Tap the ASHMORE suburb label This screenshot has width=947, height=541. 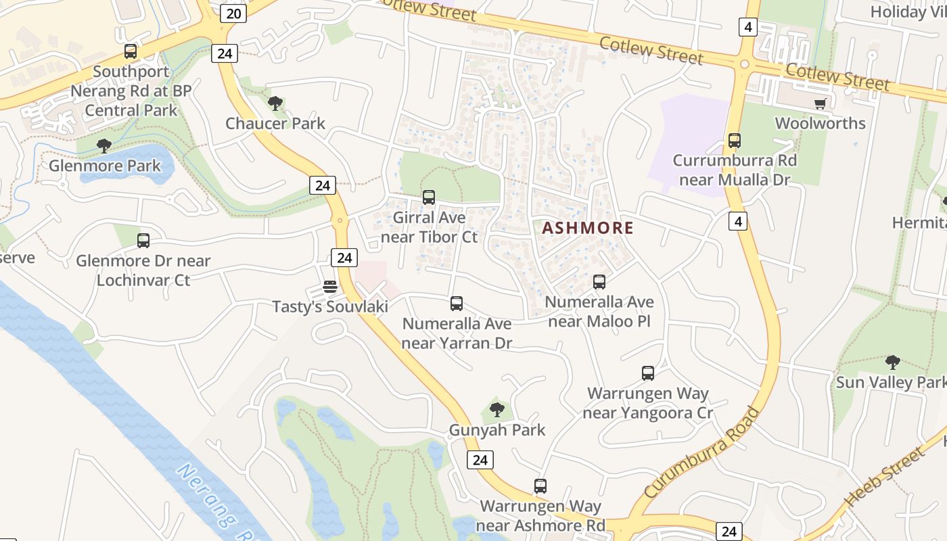(x=588, y=228)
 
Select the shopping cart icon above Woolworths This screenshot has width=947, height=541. (x=820, y=104)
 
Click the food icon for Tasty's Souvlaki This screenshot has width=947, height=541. (x=329, y=287)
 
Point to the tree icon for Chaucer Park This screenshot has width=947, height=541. (x=275, y=103)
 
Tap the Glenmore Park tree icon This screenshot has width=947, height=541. (x=103, y=146)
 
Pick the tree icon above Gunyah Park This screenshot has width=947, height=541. (x=496, y=410)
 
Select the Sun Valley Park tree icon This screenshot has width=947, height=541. (x=892, y=362)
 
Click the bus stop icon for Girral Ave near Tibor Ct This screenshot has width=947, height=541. (x=428, y=197)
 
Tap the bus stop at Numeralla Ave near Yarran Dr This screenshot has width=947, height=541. (x=457, y=304)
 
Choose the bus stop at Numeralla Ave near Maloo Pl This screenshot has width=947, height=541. (x=599, y=282)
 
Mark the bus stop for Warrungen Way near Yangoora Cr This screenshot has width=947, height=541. (x=647, y=373)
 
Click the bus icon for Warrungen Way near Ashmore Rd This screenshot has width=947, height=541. (x=540, y=486)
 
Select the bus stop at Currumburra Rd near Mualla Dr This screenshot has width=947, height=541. (x=734, y=141)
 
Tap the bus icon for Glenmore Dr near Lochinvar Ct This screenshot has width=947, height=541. (x=143, y=240)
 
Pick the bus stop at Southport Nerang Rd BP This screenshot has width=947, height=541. (x=131, y=51)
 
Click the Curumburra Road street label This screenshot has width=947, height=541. (x=702, y=452)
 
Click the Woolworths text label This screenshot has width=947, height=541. (x=820, y=123)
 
